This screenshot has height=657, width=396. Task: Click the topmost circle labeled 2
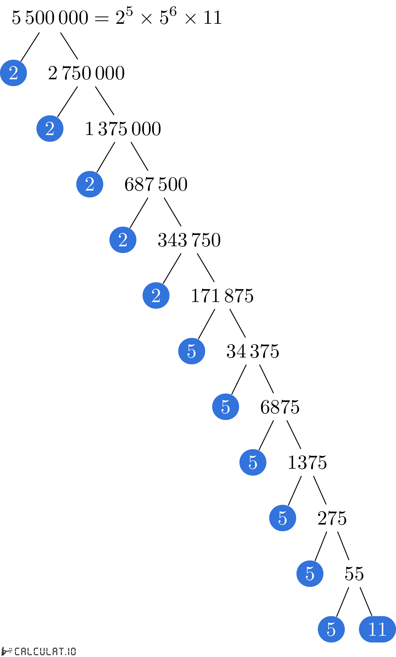(x=13, y=73)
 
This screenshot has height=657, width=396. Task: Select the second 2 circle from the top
(x=50, y=128)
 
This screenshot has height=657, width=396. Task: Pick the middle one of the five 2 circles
(x=90, y=184)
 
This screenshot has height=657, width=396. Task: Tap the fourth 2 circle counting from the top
(x=123, y=240)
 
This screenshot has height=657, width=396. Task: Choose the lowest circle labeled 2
(x=156, y=295)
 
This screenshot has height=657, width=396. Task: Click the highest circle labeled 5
(x=191, y=351)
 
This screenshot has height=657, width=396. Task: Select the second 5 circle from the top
(x=225, y=407)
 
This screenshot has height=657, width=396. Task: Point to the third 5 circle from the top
(x=253, y=462)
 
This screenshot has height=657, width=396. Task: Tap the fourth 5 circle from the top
(x=283, y=518)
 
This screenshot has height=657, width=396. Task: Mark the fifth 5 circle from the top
(x=310, y=573)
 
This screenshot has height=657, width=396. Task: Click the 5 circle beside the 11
(x=331, y=629)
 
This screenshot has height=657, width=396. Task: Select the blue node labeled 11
(x=377, y=629)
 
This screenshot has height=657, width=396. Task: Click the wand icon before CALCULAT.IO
(x=6, y=651)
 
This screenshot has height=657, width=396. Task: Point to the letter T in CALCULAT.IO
(x=61, y=651)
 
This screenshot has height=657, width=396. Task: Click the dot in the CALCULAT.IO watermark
(x=65, y=654)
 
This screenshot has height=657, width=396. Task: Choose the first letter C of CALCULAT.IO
(x=17, y=651)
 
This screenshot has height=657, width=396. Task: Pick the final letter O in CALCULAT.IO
(x=73, y=651)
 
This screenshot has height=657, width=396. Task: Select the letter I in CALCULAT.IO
(x=69, y=651)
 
